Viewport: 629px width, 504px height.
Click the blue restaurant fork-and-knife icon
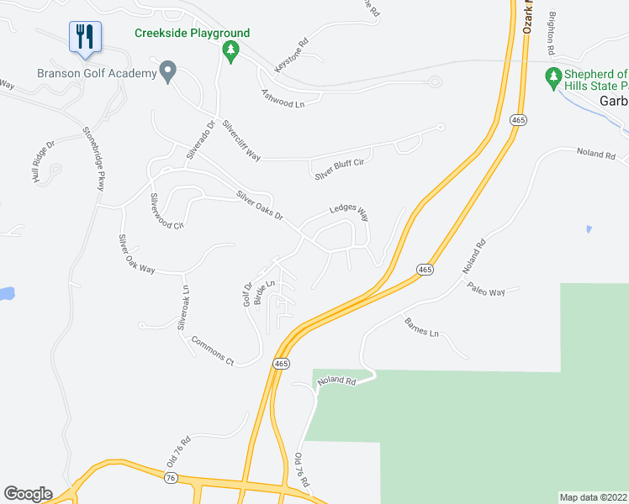[84, 36]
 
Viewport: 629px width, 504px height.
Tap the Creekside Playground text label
[193, 34]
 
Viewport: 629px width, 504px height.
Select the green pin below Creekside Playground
[230, 52]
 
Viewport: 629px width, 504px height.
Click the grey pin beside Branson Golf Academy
[168, 72]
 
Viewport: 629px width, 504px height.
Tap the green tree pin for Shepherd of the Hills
[553, 78]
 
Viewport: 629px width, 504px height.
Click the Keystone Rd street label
[292, 54]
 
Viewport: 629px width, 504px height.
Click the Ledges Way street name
[349, 210]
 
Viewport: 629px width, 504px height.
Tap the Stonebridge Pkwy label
[92, 159]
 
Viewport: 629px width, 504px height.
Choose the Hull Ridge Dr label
[43, 161]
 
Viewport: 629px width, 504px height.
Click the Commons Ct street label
[212, 350]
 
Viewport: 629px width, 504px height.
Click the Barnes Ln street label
[421, 327]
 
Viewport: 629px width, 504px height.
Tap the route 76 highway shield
[171, 478]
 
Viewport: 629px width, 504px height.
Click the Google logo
[28, 494]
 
